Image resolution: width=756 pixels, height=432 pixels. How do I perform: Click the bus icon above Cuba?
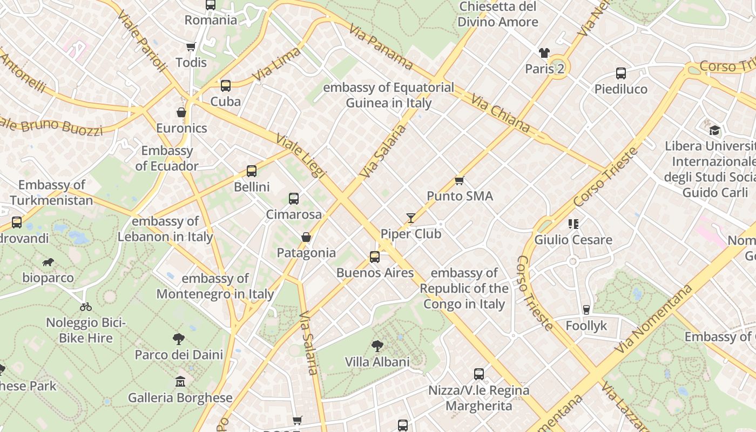[x=226, y=85]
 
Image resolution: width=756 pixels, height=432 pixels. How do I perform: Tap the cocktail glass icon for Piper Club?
[x=411, y=218]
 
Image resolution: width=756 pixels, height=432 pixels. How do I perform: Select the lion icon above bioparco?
[x=48, y=262]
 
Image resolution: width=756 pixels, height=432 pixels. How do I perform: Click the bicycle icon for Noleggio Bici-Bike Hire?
[x=85, y=307]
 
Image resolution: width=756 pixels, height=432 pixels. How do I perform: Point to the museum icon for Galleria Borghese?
[x=180, y=382]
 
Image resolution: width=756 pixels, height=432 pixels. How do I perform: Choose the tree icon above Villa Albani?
[x=377, y=346]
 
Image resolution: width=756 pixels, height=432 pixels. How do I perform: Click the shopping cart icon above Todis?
[x=191, y=47]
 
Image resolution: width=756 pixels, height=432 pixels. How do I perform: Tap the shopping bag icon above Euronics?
[x=181, y=112]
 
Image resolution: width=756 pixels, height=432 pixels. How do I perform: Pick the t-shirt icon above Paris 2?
[x=544, y=53]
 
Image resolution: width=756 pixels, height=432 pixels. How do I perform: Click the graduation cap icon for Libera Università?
[x=714, y=130]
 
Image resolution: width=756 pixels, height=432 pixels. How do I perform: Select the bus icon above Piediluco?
[x=621, y=73]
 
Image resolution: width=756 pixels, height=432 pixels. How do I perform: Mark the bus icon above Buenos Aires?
[x=375, y=257]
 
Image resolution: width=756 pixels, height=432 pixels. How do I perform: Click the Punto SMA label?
[x=460, y=196]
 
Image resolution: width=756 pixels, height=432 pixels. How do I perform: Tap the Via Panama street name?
[x=381, y=46]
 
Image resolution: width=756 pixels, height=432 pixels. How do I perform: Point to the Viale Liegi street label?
[x=301, y=156]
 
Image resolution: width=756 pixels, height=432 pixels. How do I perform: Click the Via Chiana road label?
[x=500, y=114]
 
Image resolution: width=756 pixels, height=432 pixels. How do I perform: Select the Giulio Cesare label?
[x=573, y=240]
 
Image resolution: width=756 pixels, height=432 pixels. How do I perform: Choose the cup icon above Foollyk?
[x=586, y=310]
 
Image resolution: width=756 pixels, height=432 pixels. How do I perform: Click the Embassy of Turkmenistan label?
[x=51, y=193]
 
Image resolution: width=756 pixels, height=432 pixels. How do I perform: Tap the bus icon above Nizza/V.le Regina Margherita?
[x=478, y=374]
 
